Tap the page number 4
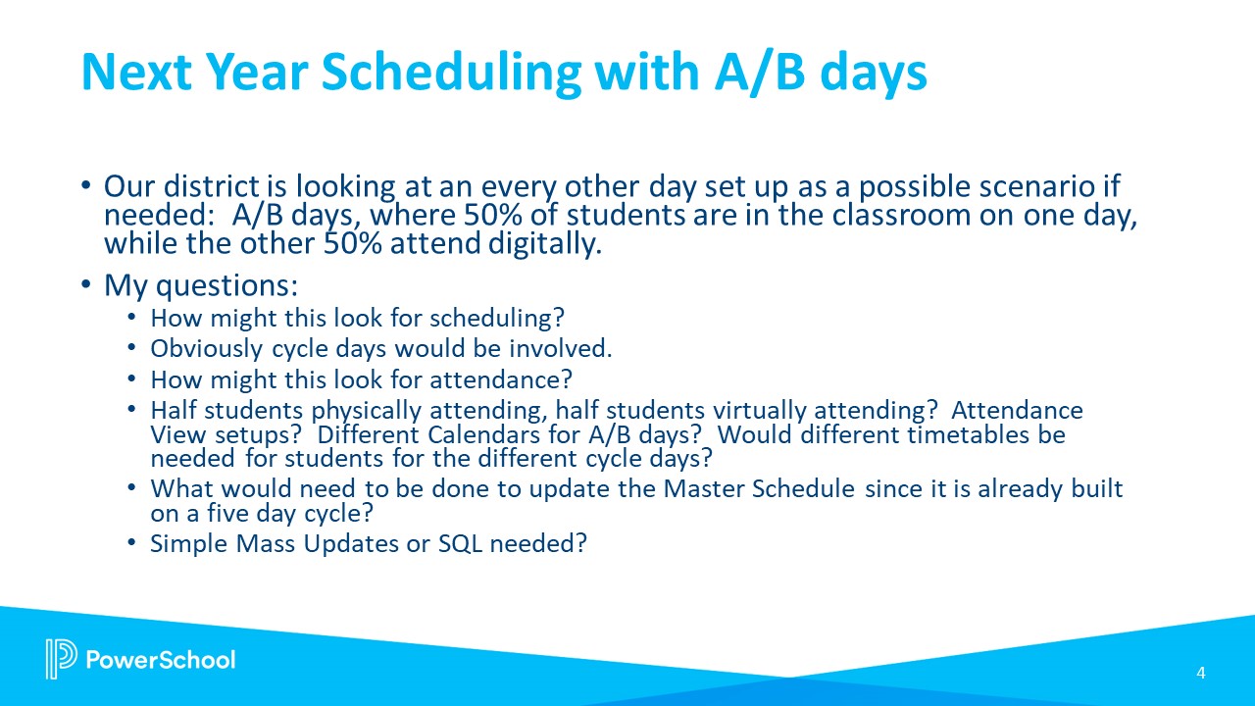click(1200, 673)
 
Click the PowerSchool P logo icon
click(60, 659)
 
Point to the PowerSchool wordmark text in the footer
click(161, 659)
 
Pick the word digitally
click(539, 244)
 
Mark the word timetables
click(956, 433)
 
